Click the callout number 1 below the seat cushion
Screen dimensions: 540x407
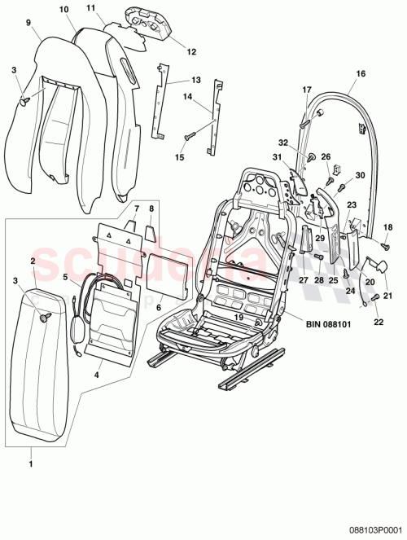(x=30, y=463)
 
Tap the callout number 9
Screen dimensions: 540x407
(x=28, y=23)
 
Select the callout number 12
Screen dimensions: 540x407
(x=191, y=51)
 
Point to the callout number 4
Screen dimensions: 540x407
(x=98, y=375)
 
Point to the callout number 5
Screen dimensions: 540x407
(x=65, y=277)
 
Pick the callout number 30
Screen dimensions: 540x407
(x=361, y=174)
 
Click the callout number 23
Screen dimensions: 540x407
(x=352, y=206)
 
